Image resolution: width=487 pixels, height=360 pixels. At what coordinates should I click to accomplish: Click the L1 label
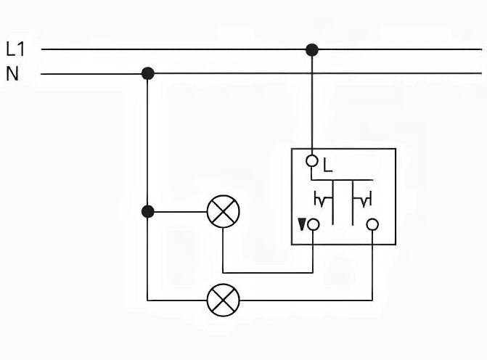(x=15, y=49)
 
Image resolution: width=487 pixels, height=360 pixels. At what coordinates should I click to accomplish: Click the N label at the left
(x=12, y=73)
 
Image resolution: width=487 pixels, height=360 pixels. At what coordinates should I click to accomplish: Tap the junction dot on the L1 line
(x=312, y=49)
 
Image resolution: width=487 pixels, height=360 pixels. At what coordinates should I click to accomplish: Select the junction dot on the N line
(x=148, y=73)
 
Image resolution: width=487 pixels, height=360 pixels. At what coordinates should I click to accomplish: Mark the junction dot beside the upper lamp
(x=148, y=212)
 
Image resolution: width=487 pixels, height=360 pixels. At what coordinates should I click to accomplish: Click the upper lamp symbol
(x=223, y=212)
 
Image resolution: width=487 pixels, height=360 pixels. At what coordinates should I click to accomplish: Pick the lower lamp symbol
(x=223, y=299)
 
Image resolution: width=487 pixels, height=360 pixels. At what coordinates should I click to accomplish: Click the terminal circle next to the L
(x=313, y=160)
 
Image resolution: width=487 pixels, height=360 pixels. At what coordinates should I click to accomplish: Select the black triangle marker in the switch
(x=301, y=224)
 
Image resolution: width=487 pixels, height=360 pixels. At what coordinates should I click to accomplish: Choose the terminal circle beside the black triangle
(x=314, y=225)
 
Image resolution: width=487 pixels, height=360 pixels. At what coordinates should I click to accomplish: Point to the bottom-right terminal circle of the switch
(x=372, y=225)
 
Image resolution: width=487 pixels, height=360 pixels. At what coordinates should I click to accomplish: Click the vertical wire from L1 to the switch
(x=312, y=102)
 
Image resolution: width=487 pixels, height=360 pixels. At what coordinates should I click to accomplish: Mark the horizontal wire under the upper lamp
(x=269, y=273)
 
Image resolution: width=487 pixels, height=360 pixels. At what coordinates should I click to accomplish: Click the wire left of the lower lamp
(x=177, y=299)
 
